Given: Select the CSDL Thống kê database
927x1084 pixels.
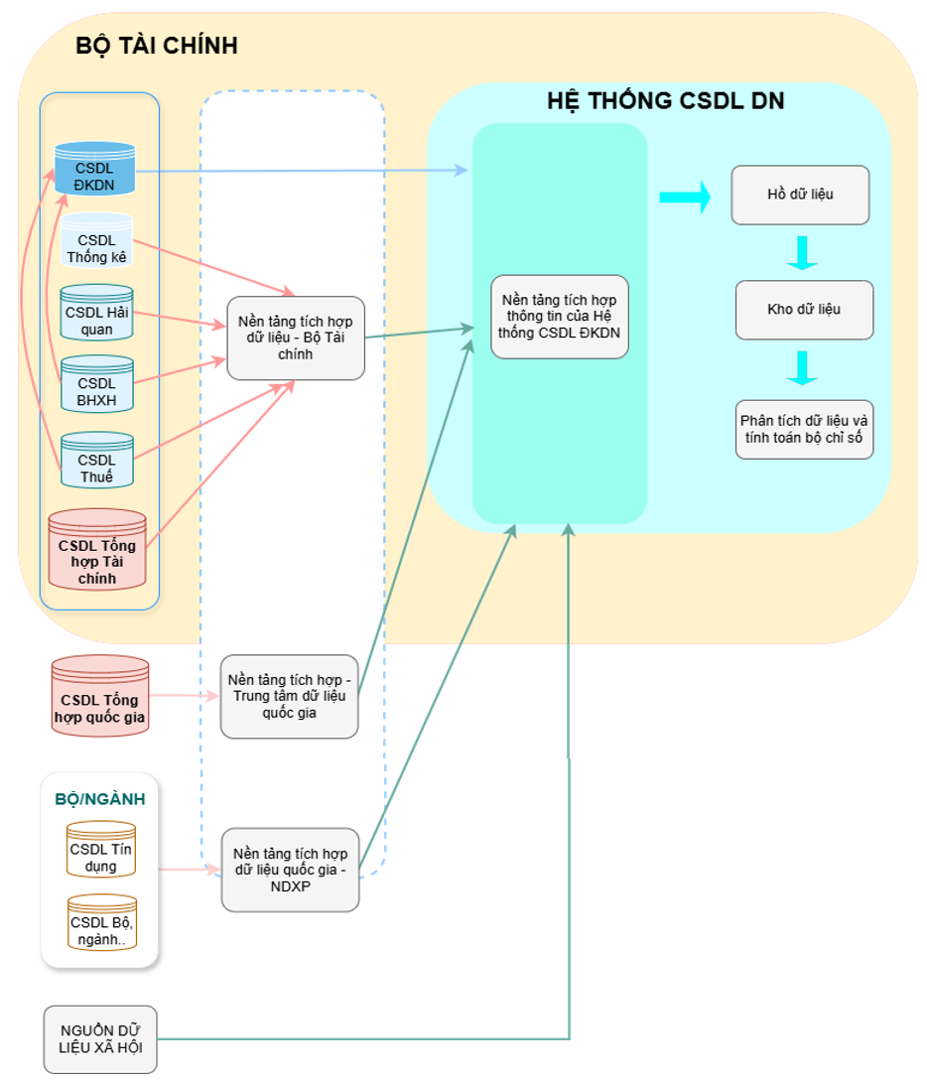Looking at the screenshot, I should [x=97, y=241].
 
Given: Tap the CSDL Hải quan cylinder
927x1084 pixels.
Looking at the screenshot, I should [x=96, y=313].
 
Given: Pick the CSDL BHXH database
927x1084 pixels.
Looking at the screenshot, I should [x=96, y=384].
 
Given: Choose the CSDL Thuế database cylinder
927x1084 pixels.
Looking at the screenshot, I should [x=96, y=461].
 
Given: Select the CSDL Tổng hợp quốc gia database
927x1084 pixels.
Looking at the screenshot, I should [x=99, y=697].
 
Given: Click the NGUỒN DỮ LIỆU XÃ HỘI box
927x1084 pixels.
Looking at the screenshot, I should [x=100, y=1039].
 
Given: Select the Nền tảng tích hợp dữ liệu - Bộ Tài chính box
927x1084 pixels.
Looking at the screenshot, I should [x=295, y=338].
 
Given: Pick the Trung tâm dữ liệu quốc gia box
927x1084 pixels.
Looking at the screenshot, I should [x=289, y=696].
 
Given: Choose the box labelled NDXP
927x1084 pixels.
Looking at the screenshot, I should [x=290, y=870].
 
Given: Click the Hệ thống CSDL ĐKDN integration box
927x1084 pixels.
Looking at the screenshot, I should [x=560, y=317].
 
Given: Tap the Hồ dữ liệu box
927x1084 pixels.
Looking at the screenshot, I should [x=800, y=195].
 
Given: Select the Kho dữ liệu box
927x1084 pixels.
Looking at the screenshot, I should [x=804, y=310].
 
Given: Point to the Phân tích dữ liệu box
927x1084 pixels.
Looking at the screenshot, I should [x=804, y=429].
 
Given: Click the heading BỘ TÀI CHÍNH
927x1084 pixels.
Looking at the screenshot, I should [x=157, y=46].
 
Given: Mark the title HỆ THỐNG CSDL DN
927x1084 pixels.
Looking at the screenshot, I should [x=666, y=100].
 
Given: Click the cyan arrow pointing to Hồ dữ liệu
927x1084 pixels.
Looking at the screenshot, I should [x=685, y=197].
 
